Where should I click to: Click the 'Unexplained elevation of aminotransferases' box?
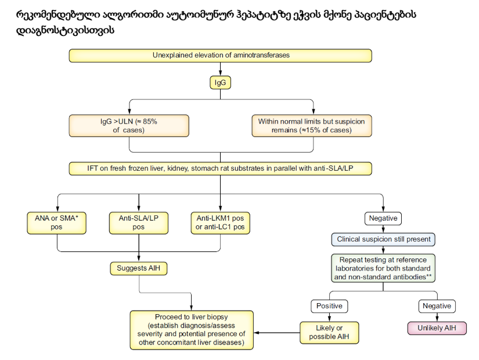221,56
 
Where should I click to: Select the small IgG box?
221,83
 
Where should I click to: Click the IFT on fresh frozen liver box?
221,168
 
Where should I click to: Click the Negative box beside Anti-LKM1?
384,218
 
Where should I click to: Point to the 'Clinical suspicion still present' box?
384,239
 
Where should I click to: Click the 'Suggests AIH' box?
139,268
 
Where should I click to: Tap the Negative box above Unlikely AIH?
437,306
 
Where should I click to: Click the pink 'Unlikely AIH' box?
437,328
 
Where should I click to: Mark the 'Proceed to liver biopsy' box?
192,330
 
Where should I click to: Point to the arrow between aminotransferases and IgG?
221,69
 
